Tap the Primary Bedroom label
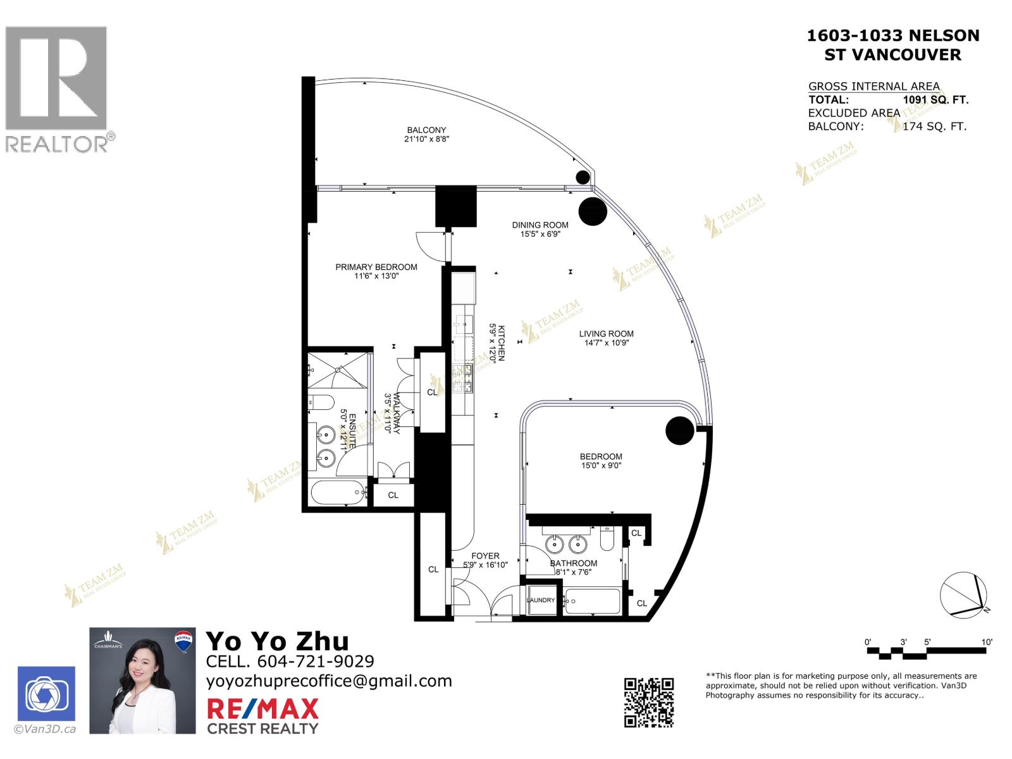[376, 267]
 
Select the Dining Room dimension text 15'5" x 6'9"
[540, 234]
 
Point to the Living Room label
[606, 334]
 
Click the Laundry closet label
[541, 600]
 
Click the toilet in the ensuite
[322, 402]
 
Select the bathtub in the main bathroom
[593, 601]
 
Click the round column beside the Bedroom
[681, 431]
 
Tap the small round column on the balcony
[581, 177]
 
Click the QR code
[649, 702]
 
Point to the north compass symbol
[963, 595]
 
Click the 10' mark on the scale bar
[986, 642]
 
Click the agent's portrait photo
[142, 681]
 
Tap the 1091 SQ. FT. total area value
[935, 99]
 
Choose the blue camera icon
[46, 694]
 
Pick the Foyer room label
[485, 556]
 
